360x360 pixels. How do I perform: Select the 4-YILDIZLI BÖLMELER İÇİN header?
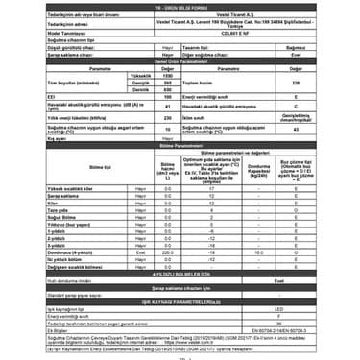(x=180, y=273)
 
